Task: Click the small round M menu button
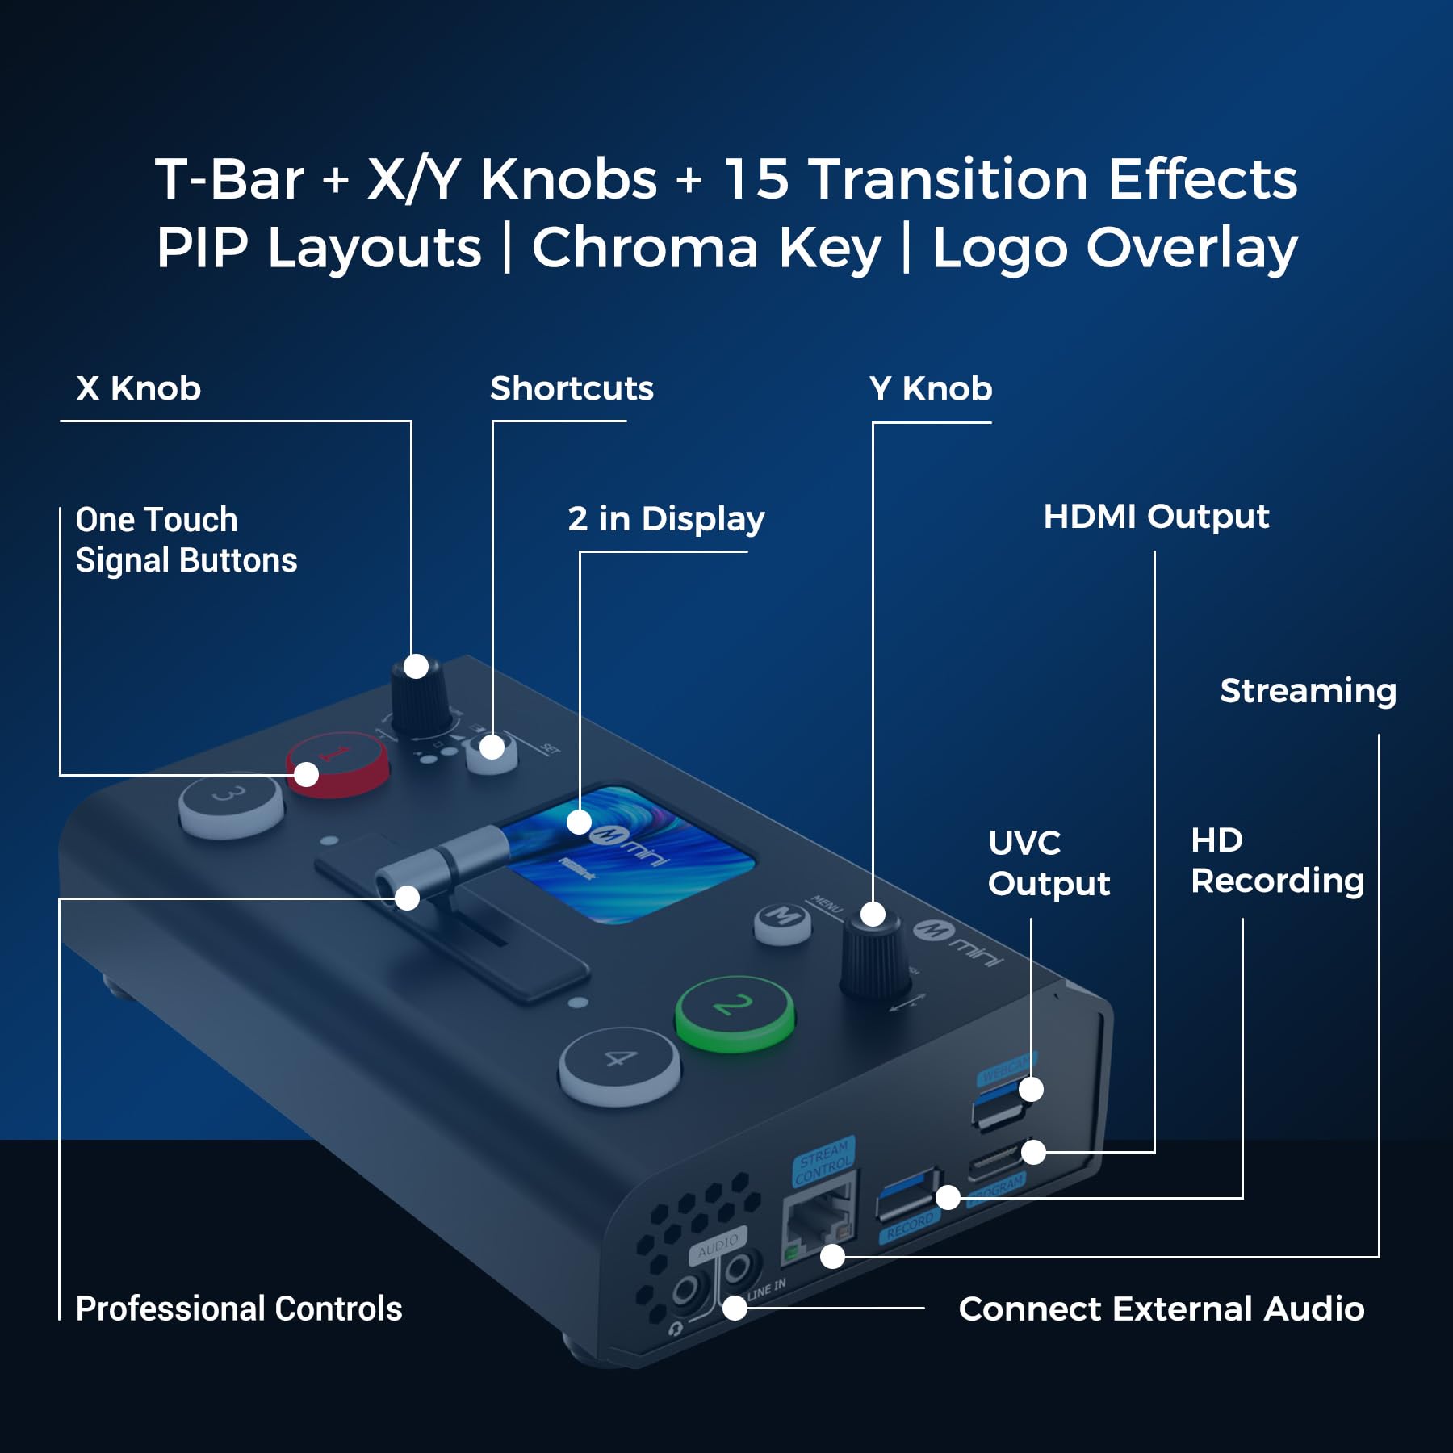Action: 782,920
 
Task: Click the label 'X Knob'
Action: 138,389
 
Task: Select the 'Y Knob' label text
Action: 930,389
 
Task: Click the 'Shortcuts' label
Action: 572,389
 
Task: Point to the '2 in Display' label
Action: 666,519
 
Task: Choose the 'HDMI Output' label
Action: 1156,517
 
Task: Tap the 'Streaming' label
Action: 1308,691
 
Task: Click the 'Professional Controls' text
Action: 239,1309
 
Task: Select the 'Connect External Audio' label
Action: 1161,1309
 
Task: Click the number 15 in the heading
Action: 756,178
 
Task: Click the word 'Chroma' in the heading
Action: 645,248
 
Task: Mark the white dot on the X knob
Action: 416,667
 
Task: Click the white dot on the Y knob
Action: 873,915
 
